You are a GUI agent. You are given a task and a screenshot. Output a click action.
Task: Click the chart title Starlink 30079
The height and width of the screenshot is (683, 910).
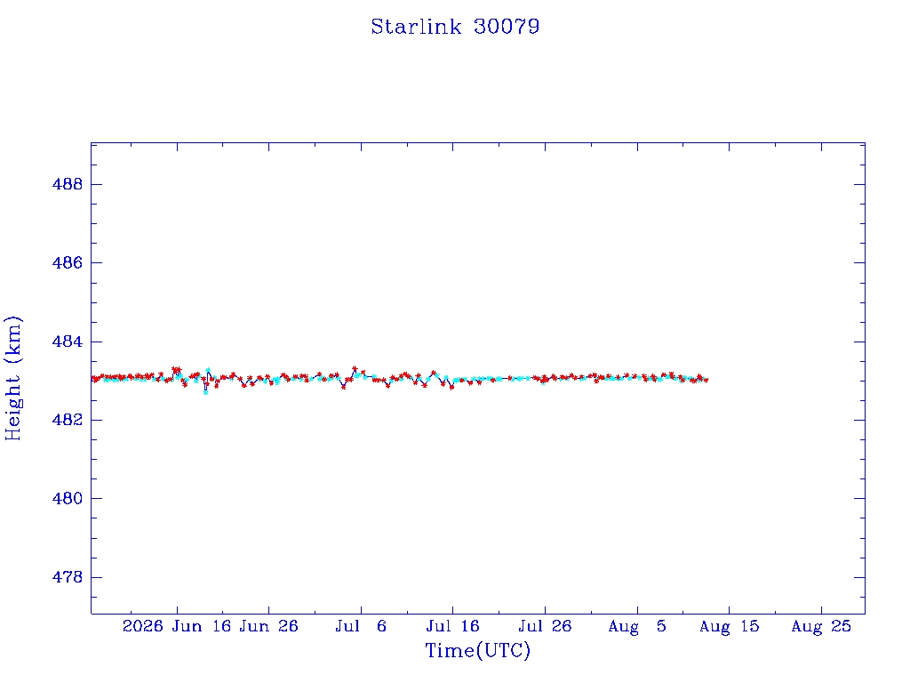455,27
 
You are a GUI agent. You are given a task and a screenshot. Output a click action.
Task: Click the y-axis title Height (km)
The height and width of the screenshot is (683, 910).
12,378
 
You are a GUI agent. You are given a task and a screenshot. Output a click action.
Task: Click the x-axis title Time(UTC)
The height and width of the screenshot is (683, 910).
477,650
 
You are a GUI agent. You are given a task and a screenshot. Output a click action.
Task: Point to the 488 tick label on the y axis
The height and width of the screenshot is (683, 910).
68,184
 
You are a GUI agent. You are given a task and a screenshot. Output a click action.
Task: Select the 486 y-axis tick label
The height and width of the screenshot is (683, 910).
68,262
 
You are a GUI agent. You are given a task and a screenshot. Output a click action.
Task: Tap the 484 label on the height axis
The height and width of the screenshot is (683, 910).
68,341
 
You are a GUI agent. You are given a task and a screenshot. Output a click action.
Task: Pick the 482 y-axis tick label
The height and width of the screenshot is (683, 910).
68,420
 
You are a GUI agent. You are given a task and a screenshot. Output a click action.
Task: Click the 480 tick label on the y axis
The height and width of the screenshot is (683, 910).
68,498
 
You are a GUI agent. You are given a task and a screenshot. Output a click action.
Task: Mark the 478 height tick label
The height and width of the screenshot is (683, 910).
68,577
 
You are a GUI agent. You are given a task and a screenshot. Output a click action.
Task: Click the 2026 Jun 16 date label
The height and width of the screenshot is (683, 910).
177,626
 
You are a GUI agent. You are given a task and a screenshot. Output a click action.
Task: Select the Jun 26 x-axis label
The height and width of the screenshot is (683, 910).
268,626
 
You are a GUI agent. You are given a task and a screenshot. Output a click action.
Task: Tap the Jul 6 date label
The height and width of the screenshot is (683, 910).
361,626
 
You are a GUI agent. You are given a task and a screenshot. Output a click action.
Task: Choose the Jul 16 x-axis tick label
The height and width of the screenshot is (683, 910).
452,626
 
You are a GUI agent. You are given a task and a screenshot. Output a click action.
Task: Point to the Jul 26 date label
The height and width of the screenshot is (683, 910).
545,626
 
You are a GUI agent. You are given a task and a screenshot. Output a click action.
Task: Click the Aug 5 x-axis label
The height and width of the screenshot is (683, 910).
637,626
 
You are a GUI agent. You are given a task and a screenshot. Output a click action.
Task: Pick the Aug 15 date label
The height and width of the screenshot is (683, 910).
729,626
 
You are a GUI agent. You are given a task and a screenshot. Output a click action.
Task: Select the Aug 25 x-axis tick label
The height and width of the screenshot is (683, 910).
821,626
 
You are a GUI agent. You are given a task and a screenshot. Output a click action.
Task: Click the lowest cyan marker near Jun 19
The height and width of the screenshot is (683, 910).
205,392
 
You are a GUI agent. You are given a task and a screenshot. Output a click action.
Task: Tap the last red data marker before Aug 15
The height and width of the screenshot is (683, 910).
706,380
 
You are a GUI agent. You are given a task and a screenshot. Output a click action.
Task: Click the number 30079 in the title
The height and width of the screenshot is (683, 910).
507,27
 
